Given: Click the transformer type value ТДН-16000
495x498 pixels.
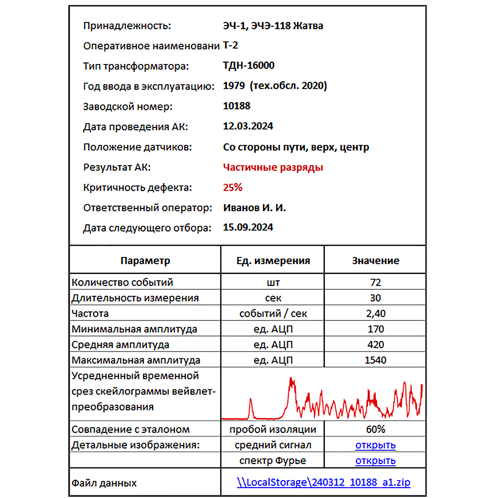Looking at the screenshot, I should (x=248, y=65).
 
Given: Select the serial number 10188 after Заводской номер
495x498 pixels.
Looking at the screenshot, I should (x=236, y=106).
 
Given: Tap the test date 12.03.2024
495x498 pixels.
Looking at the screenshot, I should (x=248, y=126).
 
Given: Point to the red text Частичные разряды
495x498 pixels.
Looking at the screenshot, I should (x=273, y=167).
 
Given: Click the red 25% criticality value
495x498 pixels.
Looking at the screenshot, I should (x=233, y=187).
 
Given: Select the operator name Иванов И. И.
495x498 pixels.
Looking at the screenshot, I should (x=254, y=208).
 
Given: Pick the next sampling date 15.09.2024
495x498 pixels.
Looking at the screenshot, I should (x=248, y=227).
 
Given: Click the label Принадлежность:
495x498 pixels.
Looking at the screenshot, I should (x=127, y=26).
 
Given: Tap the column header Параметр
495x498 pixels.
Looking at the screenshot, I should (x=145, y=260).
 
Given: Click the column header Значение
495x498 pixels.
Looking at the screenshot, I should (x=375, y=260).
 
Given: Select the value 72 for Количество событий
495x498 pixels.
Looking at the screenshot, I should (x=375, y=282).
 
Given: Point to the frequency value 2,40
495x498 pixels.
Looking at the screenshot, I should (x=376, y=313).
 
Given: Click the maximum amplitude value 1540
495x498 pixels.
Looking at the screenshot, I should (x=375, y=360).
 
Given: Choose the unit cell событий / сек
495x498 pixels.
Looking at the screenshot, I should (x=273, y=313).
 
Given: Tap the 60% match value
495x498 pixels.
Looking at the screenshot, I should (x=375, y=429).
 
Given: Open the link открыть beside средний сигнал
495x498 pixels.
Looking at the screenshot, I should (x=375, y=445).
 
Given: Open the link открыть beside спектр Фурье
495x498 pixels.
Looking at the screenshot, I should (x=375, y=461).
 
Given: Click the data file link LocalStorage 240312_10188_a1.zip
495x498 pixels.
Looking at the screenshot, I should (x=323, y=482).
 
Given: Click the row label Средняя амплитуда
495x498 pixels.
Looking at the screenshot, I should (x=120, y=345).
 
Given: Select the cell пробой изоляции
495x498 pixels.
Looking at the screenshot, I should (x=273, y=429).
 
